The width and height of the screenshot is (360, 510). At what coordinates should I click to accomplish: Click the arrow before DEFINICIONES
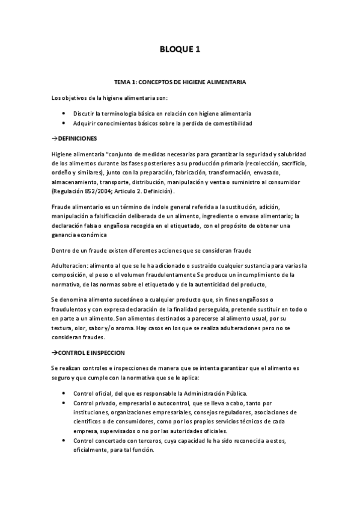click(x=55, y=138)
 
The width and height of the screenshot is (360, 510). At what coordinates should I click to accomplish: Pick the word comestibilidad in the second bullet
click(x=231, y=123)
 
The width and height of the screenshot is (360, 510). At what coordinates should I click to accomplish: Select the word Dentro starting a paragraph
click(x=61, y=250)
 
